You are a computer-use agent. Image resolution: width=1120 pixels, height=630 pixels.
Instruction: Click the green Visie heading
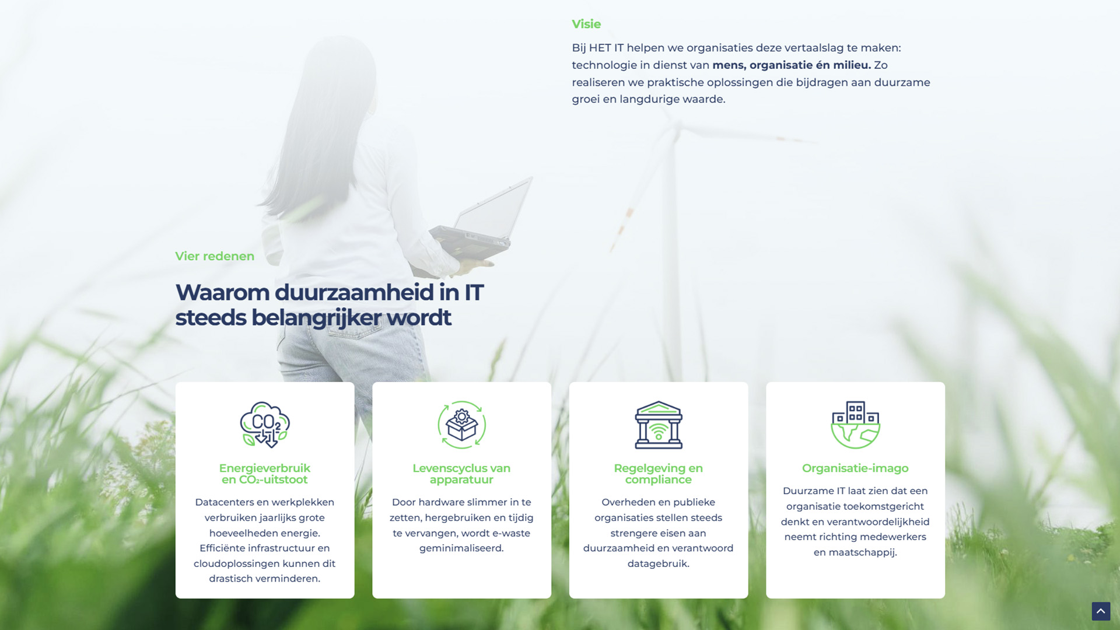586,24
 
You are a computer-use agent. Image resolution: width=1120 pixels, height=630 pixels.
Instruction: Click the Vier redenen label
215,256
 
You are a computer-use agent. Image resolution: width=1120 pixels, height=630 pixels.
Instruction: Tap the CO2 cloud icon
265,425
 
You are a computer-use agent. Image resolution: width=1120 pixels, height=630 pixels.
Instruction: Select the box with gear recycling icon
461,425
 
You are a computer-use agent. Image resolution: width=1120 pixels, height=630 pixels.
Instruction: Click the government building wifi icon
659,425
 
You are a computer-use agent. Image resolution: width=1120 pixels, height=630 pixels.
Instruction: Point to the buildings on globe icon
855,425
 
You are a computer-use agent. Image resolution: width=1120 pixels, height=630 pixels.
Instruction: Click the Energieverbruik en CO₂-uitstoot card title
265,474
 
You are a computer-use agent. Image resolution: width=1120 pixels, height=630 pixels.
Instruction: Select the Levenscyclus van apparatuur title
461,474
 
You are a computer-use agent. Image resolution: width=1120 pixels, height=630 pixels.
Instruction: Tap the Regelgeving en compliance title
659,474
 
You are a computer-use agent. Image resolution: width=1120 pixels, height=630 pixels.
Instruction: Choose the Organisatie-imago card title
855,468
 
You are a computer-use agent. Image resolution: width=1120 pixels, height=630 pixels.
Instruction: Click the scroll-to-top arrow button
1101,611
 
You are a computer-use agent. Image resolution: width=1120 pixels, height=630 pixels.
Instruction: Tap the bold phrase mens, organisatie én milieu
792,65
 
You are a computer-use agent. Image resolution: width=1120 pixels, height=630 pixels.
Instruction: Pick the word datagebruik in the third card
659,564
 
